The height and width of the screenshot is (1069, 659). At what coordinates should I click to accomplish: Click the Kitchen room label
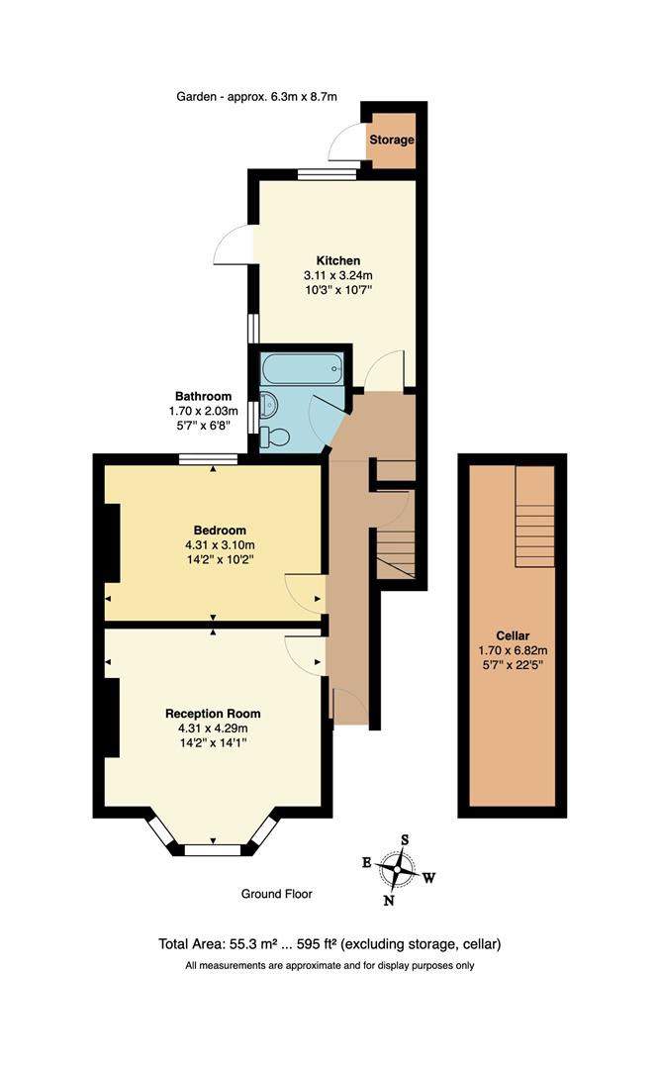pyautogui.click(x=330, y=260)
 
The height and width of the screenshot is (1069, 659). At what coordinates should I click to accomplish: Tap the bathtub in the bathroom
pyautogui.click(x=302, y=371)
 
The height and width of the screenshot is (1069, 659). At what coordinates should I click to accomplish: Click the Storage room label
pyautogui.click(x=391, y=141)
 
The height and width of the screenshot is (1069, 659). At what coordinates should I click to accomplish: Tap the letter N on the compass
pyautogui.click(x=389, y=901)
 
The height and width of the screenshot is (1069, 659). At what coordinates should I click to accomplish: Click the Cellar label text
pyautogui.click(x=513, y=635)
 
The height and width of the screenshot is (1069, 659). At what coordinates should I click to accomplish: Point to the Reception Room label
pyautogui.click(x=213, y=714)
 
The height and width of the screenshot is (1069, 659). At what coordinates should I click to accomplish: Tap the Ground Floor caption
pyautogui.click(x=277, y=894)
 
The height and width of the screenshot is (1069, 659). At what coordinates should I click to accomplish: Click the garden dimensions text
pyautogui.click(x=257, y=97)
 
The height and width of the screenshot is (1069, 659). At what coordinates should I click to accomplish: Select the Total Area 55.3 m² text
pyautogui.click(x=242, y=944)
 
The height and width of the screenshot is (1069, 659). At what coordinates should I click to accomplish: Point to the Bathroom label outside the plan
pyautogui.click(x=204, y=396)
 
